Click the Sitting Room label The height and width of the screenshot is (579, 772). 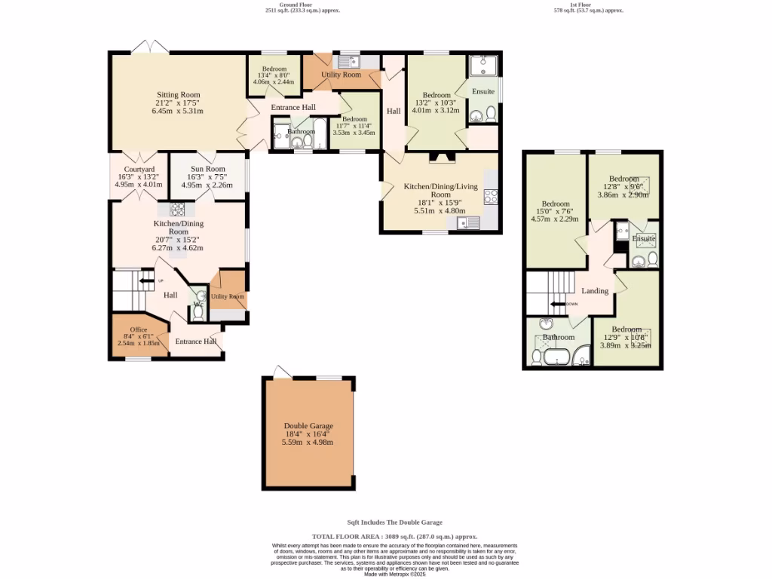point(179,94)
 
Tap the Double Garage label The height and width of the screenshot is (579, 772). point(308,426)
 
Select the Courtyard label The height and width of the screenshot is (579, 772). point(139,170)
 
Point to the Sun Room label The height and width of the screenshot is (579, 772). point(207,170)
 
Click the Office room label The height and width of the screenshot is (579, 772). point(138,329)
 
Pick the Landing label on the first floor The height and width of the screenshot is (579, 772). point(595,291)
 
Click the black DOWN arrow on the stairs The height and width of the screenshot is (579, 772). point(559,305)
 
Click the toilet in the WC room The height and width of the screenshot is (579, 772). point(198,311)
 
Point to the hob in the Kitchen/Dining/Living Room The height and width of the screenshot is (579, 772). point(490,197)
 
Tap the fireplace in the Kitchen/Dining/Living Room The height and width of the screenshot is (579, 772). point(439,158)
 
